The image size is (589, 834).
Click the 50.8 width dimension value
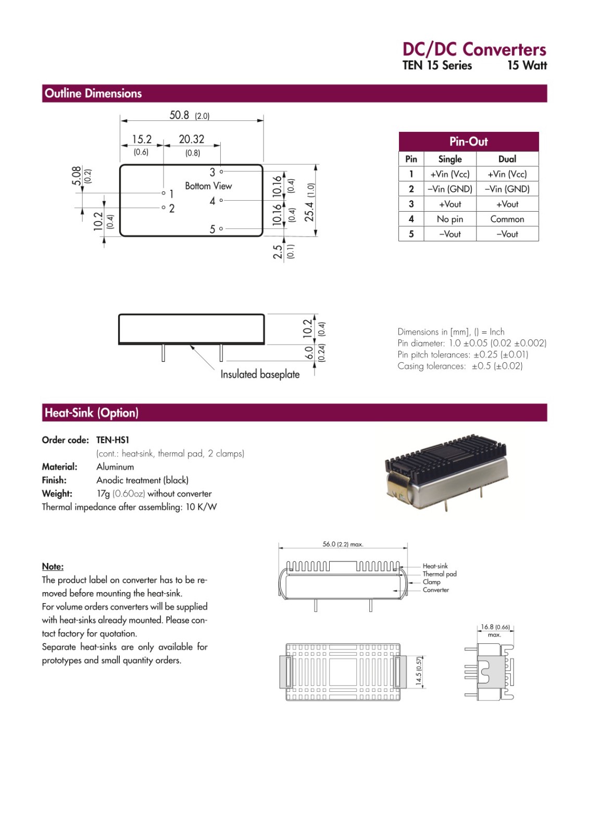pyautogui.click(x=180, y=115)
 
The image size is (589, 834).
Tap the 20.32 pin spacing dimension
pyautogui.click(x=191, y=139)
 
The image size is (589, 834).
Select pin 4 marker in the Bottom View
pyautogui.click(x=221, y=200)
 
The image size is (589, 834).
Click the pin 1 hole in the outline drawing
pyautogui.click(x=164, y=193)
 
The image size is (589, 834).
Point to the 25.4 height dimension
pyautogui.click(x=309, y=201)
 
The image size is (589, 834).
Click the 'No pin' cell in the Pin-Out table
pyautogui.click(x=449, y=219)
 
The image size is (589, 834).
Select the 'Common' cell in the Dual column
pyautogui.click(x=507, y=219)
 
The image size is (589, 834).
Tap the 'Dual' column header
pyautogui.click(x=507, y=159)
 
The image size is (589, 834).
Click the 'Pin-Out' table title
pyautogui.click(x=468, y=141)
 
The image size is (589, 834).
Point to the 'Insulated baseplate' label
pyautogui.click(x=260, y=374)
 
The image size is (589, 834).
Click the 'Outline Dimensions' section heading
pyautogui.click(x=93, y=93)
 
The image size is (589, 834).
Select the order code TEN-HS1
pyautogui.click(x=112, y=440)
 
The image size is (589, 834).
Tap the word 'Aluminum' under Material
pyautogui.click(x=115, y=467)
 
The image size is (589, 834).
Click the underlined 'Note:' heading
pyautogui.click(x=53, y=567)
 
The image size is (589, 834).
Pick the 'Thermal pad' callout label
pyautogui.click(x=440, y=574)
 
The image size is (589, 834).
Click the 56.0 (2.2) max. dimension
pyautogui.click(x=342, y=544)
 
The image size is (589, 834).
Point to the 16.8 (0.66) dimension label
pyautogui.click(x=495, y=627)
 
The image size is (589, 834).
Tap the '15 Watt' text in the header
pyautogui.click(x=527, y=66)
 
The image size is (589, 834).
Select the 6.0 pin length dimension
pyautogui.click(x=309, y=353)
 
